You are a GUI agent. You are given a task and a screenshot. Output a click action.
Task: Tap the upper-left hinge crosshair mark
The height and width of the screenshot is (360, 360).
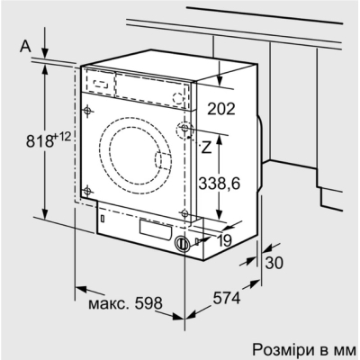coord(86,112)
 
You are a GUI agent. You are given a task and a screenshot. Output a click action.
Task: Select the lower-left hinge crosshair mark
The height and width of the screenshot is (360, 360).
coord(86,190)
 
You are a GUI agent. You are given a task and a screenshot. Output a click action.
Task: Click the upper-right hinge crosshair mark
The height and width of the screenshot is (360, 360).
coord(185,130)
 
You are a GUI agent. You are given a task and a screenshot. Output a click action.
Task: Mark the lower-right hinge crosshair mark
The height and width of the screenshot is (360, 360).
coord(185,213)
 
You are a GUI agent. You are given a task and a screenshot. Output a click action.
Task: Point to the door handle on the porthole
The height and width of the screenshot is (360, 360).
coord(165,161)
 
